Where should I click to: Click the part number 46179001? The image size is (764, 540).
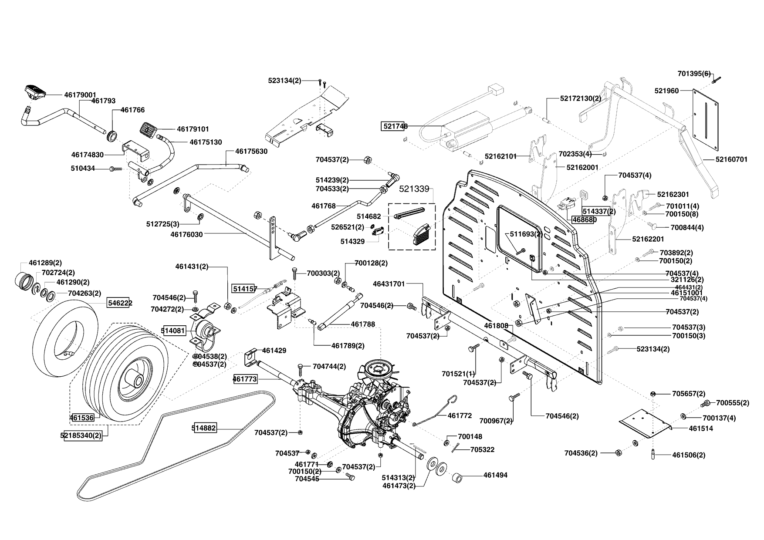coord(80,94)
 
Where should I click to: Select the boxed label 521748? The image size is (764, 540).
coord(395,126)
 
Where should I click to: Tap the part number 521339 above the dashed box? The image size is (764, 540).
coord(414,189)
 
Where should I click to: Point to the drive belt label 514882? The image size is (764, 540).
coord(204,428)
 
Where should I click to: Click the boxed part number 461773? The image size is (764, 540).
coord(245,379)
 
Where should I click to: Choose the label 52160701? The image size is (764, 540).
coord(731,160)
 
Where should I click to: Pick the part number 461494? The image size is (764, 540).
coord(495,476)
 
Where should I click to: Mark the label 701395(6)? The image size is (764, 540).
coord(694,73)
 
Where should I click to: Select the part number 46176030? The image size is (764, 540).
coord(186,234)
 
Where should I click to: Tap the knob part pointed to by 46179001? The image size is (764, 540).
coord(34,91)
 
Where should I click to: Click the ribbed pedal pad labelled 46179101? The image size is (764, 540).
coord(149,129)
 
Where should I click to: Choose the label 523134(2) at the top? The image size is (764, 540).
coord(284,80)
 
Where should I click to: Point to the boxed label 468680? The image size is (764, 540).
coord(584,220)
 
